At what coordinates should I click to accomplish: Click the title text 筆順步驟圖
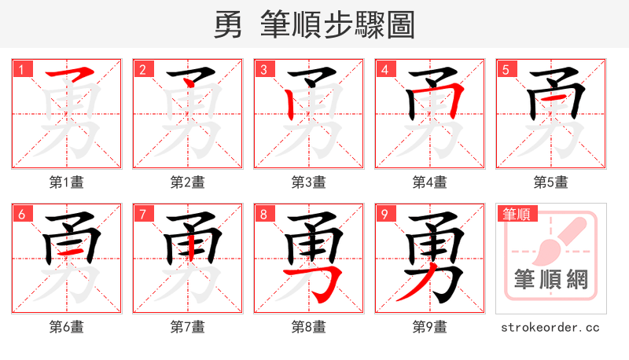coord(339,25)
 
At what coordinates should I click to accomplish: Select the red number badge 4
coord(384,69)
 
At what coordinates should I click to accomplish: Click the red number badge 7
coord(142,214)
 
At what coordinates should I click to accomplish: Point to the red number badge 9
coord(384,214)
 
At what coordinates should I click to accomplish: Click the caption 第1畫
coord(67,182)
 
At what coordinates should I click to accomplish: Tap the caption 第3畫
coord(309,182)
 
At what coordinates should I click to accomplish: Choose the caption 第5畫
coord(551,182)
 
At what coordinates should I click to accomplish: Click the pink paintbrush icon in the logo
coord(560,239)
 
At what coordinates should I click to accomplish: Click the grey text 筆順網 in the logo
coord(551,280)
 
